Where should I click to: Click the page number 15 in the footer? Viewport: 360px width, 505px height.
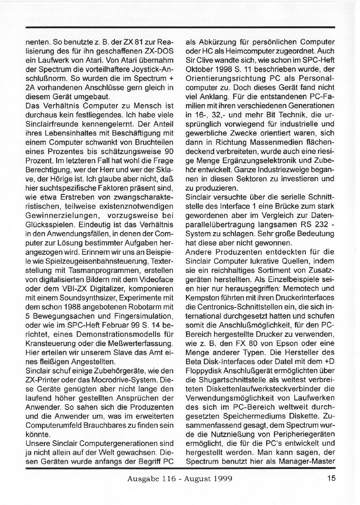point(331,478)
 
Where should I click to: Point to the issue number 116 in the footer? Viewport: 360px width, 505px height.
point(165,479)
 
